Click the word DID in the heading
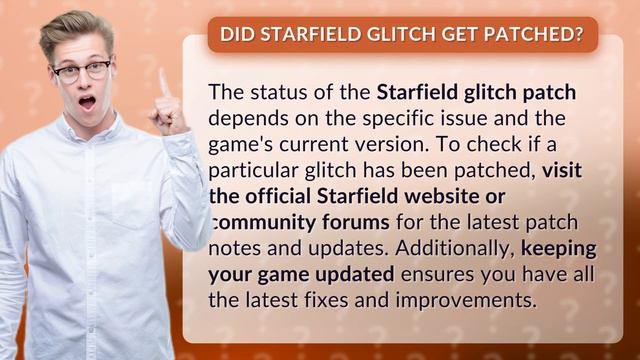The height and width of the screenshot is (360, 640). (237, 35)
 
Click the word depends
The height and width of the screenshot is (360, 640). (243, 119)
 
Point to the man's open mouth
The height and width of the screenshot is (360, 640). (88, 101)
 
